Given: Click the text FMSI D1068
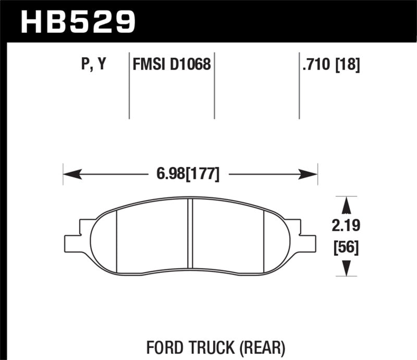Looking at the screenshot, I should (171, 65).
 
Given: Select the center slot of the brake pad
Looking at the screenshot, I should (190, 234).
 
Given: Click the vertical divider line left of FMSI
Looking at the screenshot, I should (129, 86).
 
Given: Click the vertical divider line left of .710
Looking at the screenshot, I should (299, 86).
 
